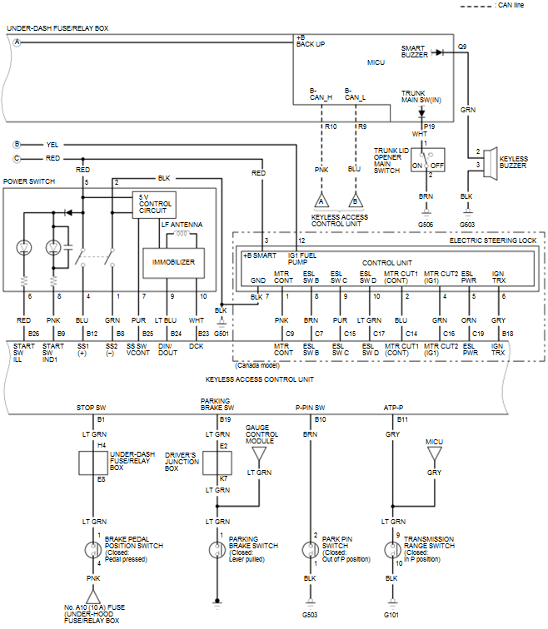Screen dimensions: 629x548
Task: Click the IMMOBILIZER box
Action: click(173, 261)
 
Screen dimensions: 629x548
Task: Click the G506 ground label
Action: click(426, 224)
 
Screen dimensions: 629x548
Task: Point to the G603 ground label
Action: click(467, 224)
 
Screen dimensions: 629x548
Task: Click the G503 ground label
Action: click(310, 615)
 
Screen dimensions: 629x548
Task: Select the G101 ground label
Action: click(391, 615)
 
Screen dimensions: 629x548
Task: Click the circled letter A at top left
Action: click(16, 42)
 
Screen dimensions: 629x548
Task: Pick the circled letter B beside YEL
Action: click(16, 143)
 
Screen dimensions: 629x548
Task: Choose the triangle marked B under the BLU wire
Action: click(355, 201)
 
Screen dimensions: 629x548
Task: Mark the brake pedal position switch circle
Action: click(93, 550)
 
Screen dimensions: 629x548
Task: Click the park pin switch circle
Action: click(310, 550)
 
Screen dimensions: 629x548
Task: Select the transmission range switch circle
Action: click(391, 550)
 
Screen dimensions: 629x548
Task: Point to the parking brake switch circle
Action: click(218, 550)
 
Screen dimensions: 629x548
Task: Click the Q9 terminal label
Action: click(461, 47)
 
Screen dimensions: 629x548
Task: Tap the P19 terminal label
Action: click(430, 126)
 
